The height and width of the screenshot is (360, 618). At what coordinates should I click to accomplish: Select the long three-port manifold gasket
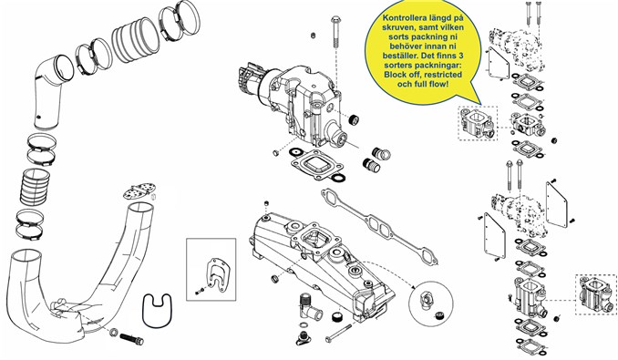click(380, 225)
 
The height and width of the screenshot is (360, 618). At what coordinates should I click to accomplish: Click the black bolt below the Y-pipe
click(132, 339)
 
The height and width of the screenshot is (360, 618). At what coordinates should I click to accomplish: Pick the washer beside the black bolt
click(114, 332)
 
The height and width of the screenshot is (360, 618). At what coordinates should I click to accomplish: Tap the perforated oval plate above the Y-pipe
click(139, 190)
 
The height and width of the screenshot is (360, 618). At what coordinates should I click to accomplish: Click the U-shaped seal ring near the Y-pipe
click(157, 310)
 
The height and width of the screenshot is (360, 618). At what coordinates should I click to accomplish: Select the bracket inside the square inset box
click(216, 273)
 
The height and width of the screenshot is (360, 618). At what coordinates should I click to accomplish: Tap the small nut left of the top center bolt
click(313, 36)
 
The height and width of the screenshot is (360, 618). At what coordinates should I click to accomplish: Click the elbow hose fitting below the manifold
click(309, 308)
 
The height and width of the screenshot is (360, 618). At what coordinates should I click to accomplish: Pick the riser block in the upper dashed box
click(478, 123)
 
